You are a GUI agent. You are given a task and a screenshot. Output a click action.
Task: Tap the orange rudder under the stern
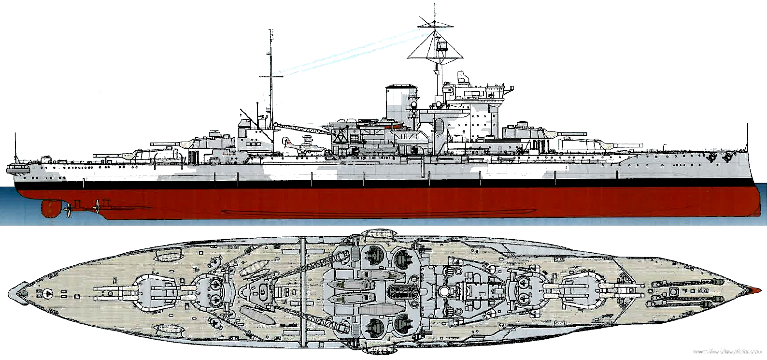coord(49,208)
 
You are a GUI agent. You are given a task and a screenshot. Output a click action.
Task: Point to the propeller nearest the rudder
coord(70,208)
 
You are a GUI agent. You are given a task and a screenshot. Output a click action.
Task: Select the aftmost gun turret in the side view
coord(145,155)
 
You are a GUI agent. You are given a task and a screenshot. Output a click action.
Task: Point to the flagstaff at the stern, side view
coord(16,145)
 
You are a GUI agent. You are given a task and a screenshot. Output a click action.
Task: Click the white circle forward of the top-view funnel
coord(443,290)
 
